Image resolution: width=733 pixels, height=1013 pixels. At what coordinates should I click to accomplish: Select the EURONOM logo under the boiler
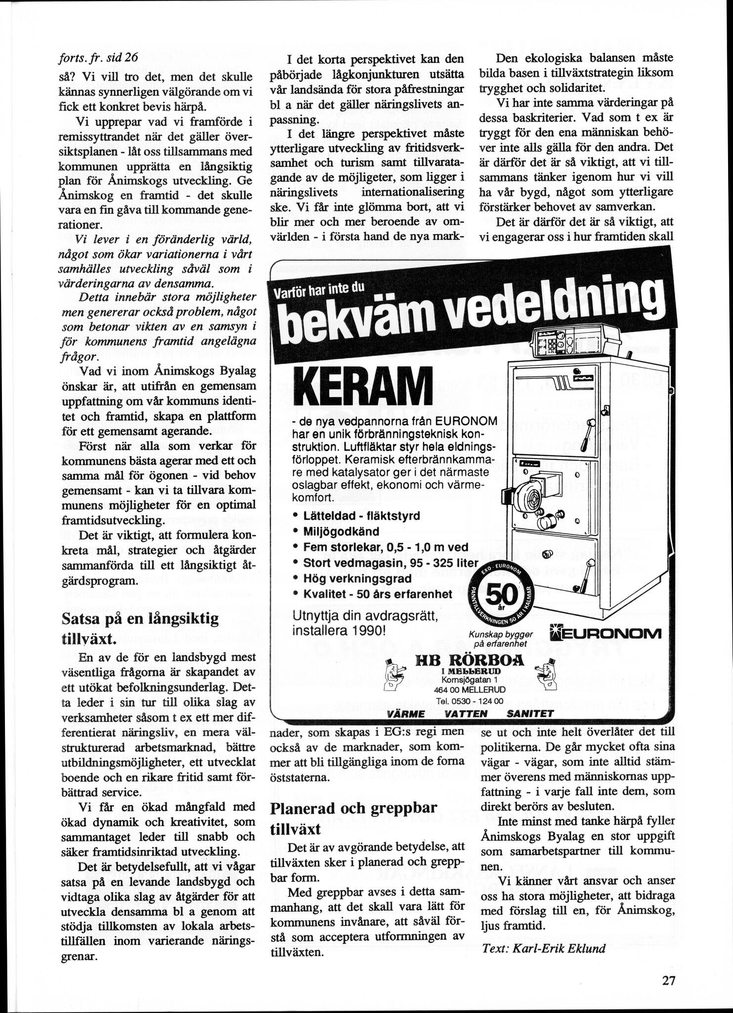coord(604,634)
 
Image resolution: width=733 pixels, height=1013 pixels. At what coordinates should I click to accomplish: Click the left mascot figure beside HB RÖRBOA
coord(395,674)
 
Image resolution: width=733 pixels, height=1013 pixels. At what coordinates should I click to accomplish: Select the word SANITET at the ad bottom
coord(530,713)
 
